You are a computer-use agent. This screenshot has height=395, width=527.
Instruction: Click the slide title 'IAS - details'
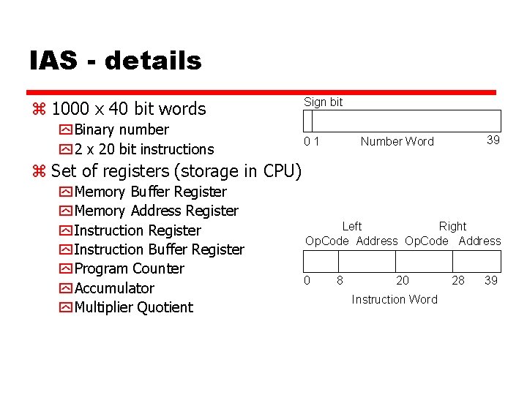tap(116, 61)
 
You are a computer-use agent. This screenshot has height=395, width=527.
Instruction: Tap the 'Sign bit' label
tap(324, 102)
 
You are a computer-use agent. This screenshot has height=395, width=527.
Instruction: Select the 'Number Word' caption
tap(397, 142)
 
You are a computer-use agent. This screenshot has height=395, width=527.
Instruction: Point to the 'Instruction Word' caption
tap(395, 299)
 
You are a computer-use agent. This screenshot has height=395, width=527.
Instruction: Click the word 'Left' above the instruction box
tap(352, 227)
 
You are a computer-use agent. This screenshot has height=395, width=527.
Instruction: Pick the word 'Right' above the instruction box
tap(452, 227)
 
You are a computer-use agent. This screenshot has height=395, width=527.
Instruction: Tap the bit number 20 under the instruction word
tap(403, 280)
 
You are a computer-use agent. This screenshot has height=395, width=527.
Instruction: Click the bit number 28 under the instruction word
tap(458, 280)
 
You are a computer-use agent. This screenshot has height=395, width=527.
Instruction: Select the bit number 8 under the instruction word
tap(340, 280)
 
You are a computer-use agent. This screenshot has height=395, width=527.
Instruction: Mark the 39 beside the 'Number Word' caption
tap(493, 140)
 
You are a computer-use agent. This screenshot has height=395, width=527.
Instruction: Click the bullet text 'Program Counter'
tap(130, 268)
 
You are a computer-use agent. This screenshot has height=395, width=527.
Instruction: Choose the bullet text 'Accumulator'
tap(114, 288)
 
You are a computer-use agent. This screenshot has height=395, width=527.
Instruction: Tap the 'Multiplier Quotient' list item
tap(134, 307)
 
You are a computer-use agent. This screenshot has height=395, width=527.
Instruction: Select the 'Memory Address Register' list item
tap(157, 211)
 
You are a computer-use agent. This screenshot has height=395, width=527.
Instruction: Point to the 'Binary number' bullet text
tap(122, 129)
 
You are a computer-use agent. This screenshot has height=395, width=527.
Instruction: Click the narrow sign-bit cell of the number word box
tap(308, 121)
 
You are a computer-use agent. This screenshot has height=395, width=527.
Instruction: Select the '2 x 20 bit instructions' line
tap(144, 149)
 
